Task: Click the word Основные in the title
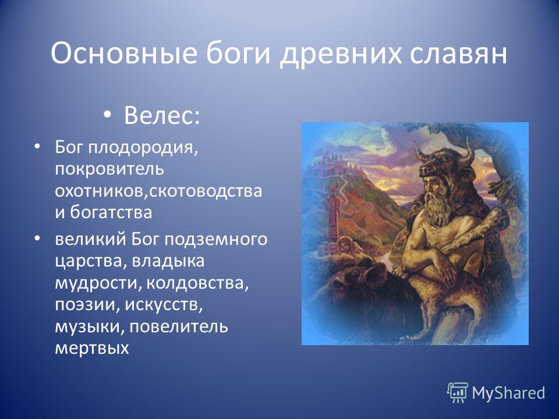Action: pos(123,53)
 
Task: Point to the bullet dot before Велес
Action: pos(107,115)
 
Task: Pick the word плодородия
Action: pos(143,148)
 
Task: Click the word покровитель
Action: pos(109,169)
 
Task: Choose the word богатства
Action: pos(111,212)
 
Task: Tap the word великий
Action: pos(91,239)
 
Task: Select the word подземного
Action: pos(215,240)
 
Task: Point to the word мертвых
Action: pos(91,349)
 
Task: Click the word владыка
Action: pos(168,261)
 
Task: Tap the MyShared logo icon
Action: pos(458,393)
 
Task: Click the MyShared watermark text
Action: pos(508,393)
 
